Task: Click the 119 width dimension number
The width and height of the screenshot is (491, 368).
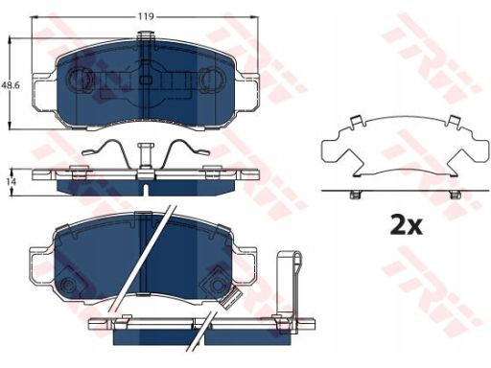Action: click(x=146, y=16)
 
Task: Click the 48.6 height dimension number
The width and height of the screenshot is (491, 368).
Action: click(x=11, y=85)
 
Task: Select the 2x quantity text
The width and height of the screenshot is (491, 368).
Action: click(x=407, y=225)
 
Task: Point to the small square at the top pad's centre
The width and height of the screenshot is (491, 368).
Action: click(x=146, y=80)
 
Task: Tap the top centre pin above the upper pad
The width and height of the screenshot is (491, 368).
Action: click(x=146, y=35)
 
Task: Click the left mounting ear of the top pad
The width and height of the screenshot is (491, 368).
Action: click(x=45, y=92)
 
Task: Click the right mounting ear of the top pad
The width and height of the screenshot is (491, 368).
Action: click(x=247, y=92)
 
